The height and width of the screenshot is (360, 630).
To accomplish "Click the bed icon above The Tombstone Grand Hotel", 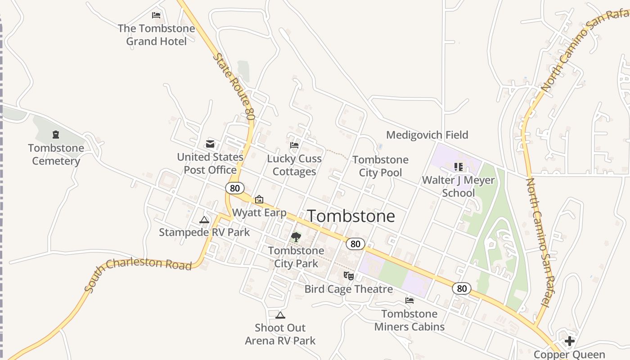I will (x=156, y=15).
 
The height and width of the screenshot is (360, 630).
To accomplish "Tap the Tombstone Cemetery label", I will (x=56, y=154).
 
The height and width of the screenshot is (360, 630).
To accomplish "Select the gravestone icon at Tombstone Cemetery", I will (x=56, y=134).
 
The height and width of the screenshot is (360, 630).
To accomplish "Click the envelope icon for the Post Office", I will (x=210, y=144).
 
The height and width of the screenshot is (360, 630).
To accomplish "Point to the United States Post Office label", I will (x=210, y=163).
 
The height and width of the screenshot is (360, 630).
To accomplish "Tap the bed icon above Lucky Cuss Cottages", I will (x=294, y=145).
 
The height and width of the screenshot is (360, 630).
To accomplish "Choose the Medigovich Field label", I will (x=427, y=135).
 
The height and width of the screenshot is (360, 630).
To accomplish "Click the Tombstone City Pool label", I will (x=381, y=166).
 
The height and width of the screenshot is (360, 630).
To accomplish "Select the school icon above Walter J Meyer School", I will (x=459, y=167).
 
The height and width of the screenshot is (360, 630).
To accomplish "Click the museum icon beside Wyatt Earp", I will (x=259, y=199).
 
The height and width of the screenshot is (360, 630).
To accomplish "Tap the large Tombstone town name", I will (x=351, y=216).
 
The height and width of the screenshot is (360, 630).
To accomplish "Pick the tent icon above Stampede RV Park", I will (x=204, y=220).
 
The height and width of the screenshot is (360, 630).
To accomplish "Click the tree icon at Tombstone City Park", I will (x=296, y=237).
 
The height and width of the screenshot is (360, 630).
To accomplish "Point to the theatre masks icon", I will (x=349, y=276).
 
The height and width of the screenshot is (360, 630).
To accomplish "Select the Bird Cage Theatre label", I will (x=349, y=289).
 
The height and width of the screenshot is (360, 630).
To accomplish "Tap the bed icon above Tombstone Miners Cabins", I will (x=409, y=300).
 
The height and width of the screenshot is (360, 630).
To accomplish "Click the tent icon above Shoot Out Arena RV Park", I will (x=280, y=315).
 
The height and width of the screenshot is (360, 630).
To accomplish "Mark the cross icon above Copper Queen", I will (x=570, y=341).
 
